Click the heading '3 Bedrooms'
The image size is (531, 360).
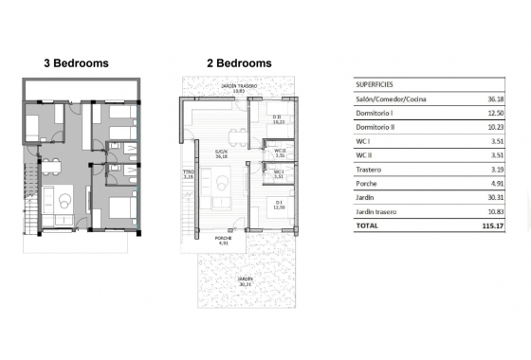point(76,63)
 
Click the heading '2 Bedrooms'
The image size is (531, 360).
point(239,63)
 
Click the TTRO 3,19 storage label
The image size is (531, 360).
point(188,174)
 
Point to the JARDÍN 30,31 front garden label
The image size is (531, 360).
point(245,280)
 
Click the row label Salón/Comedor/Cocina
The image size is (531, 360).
point(390,99)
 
